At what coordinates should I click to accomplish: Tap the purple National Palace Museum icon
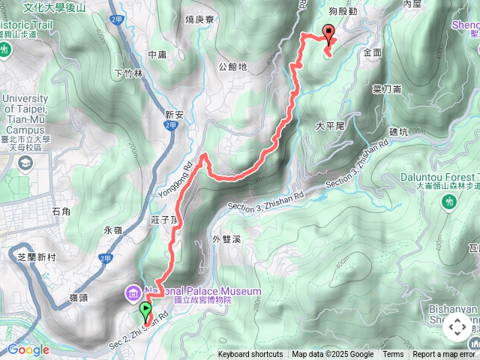point(133,292)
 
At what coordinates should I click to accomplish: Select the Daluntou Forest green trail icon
point(449,201)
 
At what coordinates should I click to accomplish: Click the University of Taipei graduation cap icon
point(25,163)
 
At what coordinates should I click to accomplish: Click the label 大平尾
point(330,127)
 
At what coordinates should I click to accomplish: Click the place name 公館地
point(232,67)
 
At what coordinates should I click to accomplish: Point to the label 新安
point(174,115)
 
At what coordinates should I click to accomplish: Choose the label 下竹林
point(128,73)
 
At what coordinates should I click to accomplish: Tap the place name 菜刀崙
point(387,88)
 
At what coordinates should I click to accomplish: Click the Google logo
point(28,349)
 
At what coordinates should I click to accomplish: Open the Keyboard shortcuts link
point(250,355)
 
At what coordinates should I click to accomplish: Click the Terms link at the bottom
point(393,355)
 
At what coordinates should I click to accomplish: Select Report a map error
point(444,355)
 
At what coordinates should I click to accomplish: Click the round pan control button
point(457,327)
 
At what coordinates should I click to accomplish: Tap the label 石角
point(62,213)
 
